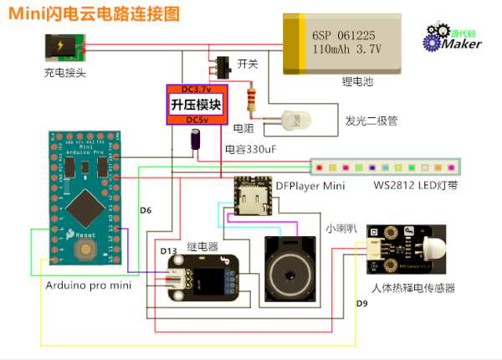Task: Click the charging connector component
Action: (x=60, y=47)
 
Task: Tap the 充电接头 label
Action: (x=65, y=73)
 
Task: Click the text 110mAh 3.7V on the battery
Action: (x=346, y=49)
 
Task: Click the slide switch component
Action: (x=221, y=64)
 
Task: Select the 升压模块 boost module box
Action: (x=195, y=105)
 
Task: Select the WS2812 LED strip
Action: (x=385, y=167)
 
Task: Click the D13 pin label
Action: (x=168, y=250)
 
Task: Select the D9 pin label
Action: (x=361, y=303)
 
